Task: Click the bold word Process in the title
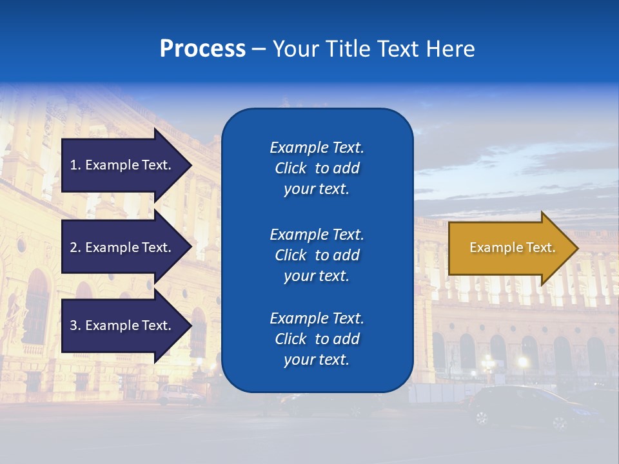pyautogui.click(x=202, y=49)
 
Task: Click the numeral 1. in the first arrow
pyautogui.click(x=75, y=165)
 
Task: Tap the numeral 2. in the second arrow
pyautogui.click(x=75, y=247)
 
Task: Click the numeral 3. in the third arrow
pyautogui.click(x=75, y=325)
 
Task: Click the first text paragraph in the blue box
pyautogui.click(x=317, y=168)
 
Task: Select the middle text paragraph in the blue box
pyautogui.click(x=317, y=255)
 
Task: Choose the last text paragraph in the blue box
pyautogui.click(x=317, y=339)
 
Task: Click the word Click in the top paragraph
pyautogui.click(x=290, y=168)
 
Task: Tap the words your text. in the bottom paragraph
pyautogui.click(x=317, y=360)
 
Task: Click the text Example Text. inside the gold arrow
pyautogui.click(x=512, y=247)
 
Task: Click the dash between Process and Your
pyautogui.click(x=259, y=49)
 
